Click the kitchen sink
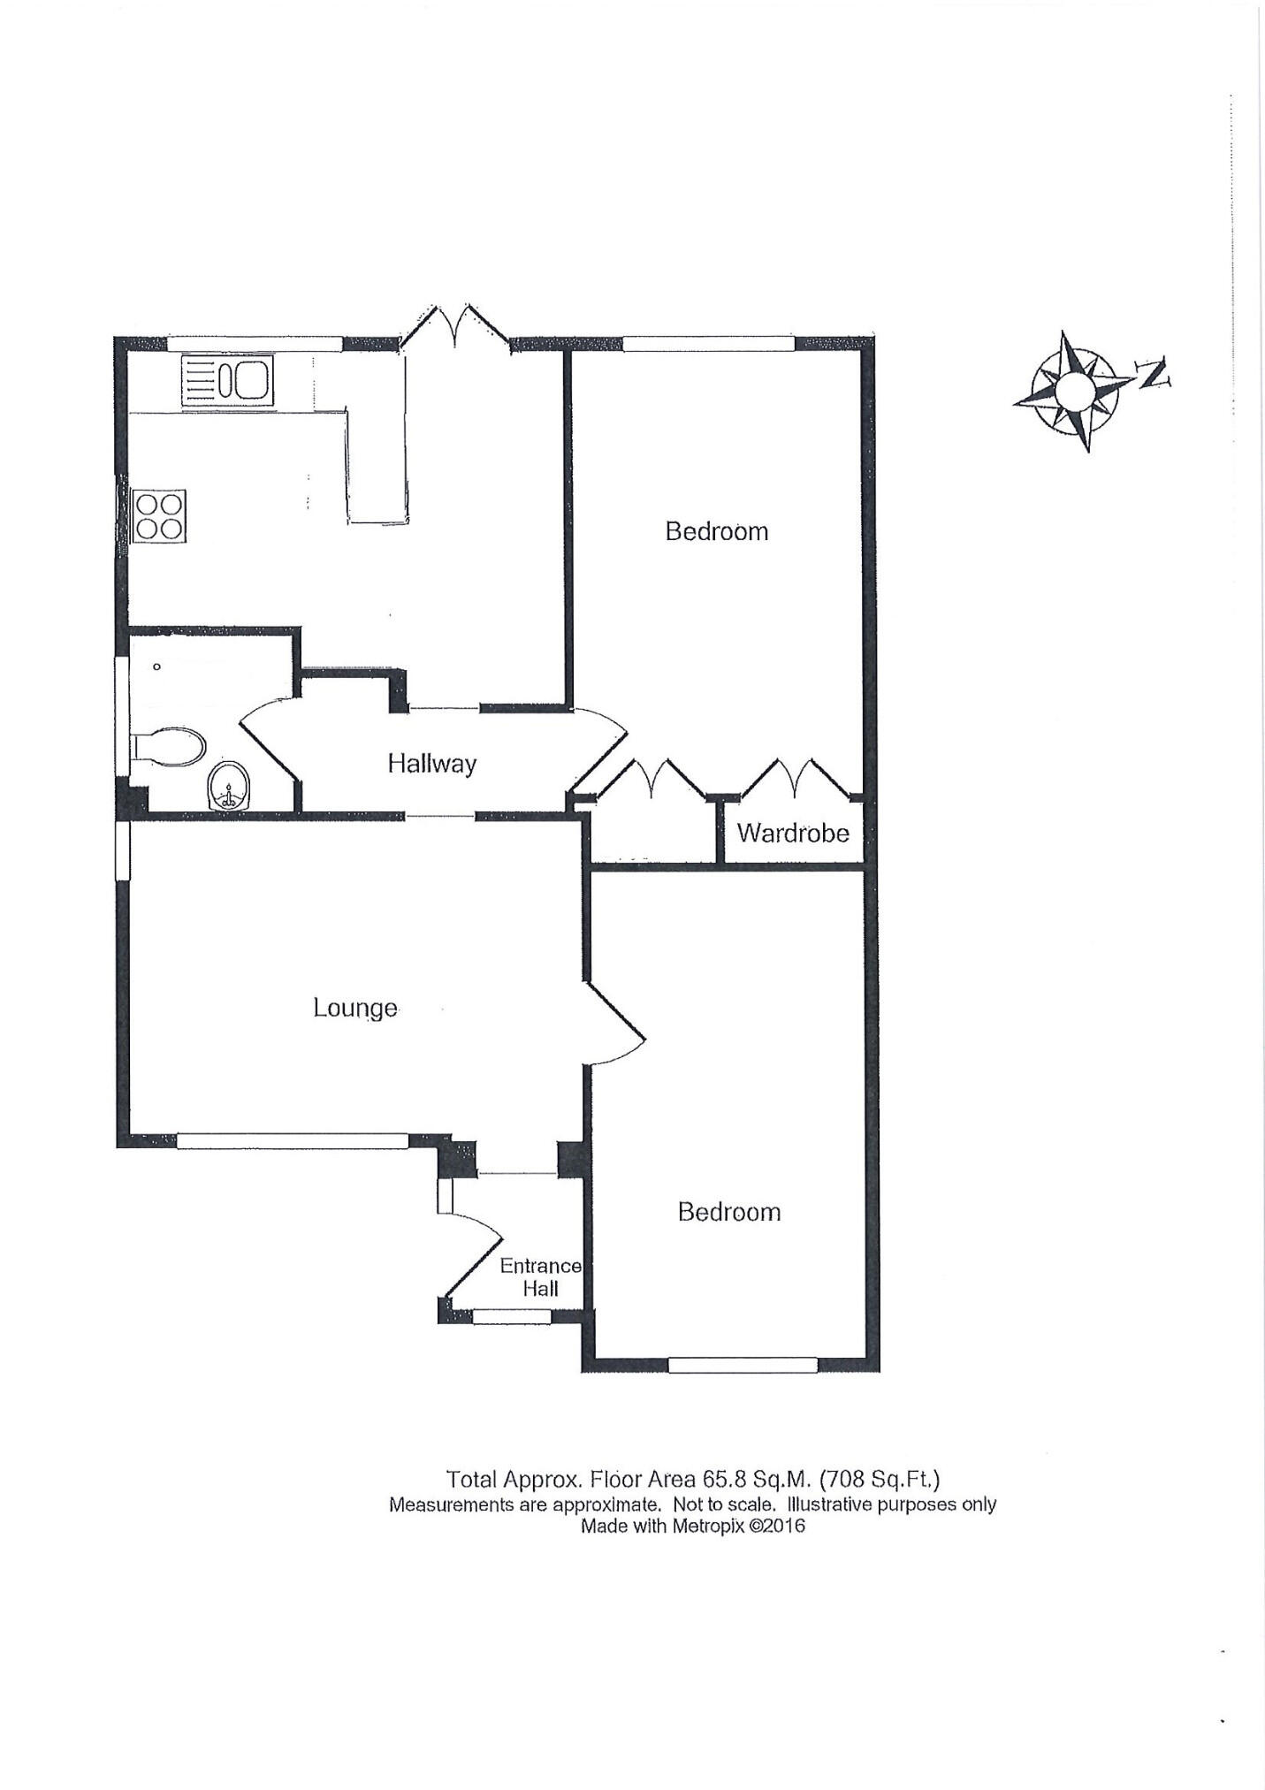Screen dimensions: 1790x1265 point(227,381)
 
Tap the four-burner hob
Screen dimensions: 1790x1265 point(160,516)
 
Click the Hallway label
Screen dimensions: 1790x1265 point(431,763)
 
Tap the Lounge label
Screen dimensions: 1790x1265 point(354,1008)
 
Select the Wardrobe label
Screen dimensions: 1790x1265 point(793,833)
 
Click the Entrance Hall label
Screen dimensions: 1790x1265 point(540,1277)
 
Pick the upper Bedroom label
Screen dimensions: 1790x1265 point(716,531)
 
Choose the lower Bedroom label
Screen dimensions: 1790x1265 point(729,1212)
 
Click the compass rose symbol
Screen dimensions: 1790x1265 point(1074,390)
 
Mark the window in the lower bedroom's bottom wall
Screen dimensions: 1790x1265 point(743,1366)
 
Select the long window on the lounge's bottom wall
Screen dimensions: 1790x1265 point(292,1141)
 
